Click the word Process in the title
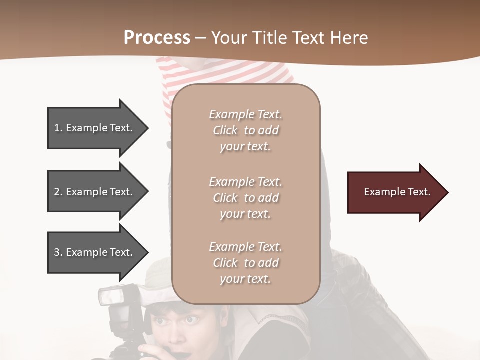pyautogui.click(x=157, y=38)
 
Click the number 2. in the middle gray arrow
pyautogui.click(x=58, y=192)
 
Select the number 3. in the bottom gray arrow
pyautogui.click(x=58, y=252)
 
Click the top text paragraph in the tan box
pyautogui.click(x=245, y=130)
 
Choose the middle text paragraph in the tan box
pyautogui.click(x=245, y=198)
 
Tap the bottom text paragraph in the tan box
pyautogui.click(x=245, y=263)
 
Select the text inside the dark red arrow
pyautogui.click(x=397, y=192)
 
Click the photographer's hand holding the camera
pyautogui.click(x=150, y=350)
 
